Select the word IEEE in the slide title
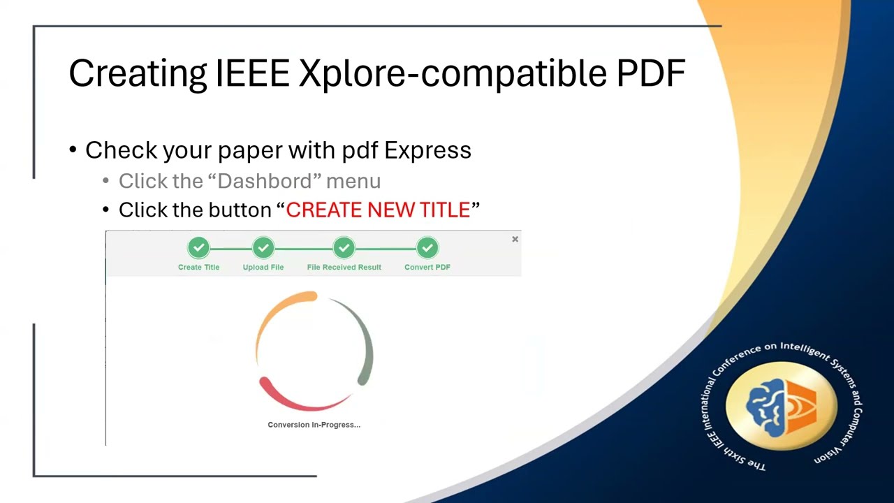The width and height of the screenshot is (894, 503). pos(252,73)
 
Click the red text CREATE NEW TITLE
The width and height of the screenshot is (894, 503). pos(378,210)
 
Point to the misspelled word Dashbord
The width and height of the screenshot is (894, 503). pos(264,181)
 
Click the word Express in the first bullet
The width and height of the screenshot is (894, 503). pos(427,150)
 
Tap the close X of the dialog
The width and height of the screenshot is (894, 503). pos(515,240)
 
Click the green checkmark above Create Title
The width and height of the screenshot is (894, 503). pos(198,248)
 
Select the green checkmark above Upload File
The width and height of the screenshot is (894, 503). pos(263,248)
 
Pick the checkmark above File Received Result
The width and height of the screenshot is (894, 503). pos(344,248)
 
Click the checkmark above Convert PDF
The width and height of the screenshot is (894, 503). pos(427,248)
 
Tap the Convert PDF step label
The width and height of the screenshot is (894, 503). pos(427,267)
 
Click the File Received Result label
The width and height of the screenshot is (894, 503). pos(344,267)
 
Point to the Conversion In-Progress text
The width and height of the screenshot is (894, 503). pos(314,425)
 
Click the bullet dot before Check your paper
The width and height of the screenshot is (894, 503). pos(73,150)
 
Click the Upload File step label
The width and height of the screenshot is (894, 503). pos(263,267)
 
